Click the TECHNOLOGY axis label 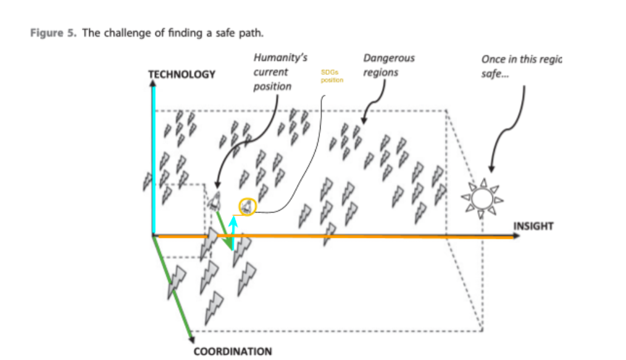182,75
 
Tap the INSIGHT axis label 534,226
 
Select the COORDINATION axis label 233,352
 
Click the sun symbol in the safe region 482,199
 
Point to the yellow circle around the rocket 248,206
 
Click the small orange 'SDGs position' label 332,76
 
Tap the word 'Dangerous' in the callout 389,58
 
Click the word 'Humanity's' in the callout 280,58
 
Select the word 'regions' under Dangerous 381,72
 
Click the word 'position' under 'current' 273,86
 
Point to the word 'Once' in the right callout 493,59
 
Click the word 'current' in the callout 270,72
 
